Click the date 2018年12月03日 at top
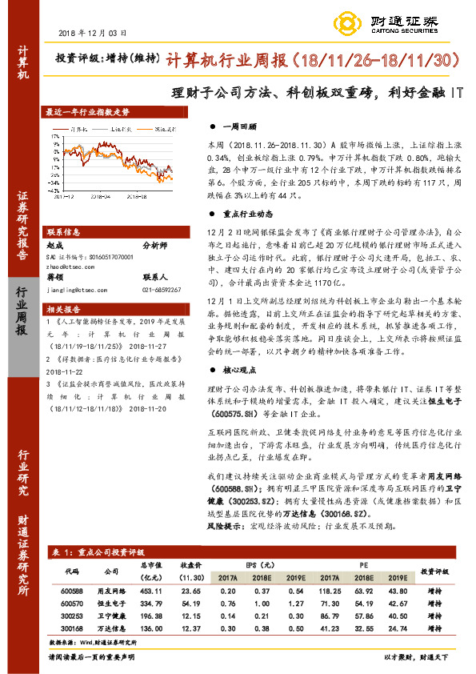(x=93, y=33)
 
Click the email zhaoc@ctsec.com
(x=71, y=267)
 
